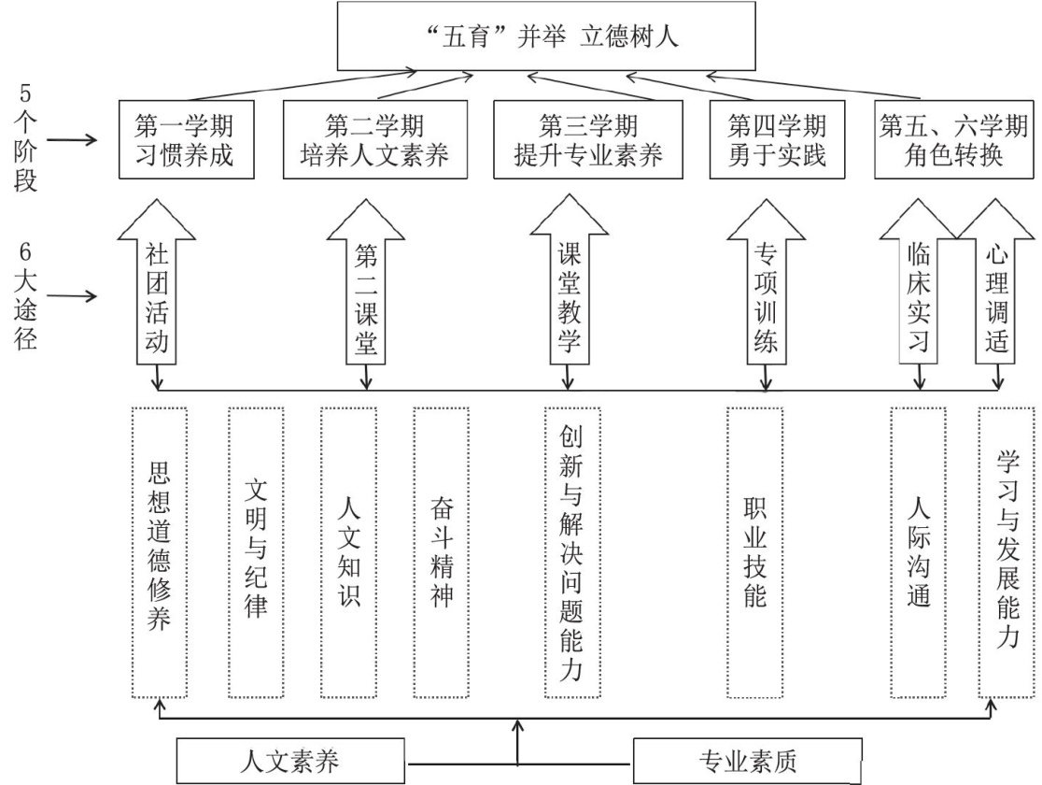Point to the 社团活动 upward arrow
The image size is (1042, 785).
157,294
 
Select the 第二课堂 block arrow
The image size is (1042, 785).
365,294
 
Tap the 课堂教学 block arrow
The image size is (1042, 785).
569,294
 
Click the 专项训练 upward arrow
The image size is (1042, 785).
766,294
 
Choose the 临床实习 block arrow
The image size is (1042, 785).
919,294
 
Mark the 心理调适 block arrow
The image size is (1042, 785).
997,294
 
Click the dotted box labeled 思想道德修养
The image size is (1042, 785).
159,551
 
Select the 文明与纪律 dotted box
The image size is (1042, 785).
255,551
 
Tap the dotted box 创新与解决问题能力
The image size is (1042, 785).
571,551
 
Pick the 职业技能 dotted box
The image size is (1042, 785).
754,551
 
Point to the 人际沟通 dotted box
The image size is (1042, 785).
919,551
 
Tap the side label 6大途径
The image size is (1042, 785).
26,296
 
